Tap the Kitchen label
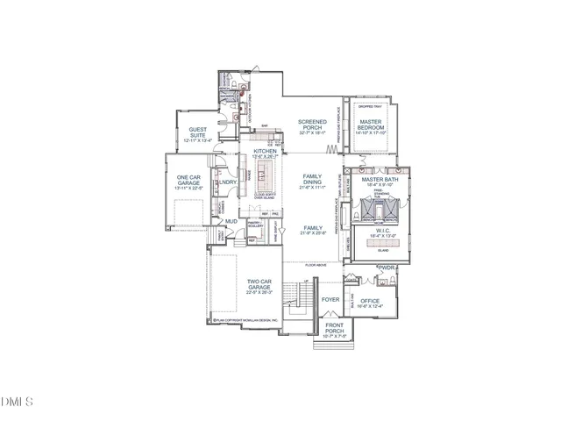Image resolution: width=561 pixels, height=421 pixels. coord(265,151)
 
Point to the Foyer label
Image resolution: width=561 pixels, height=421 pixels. coord(330,299)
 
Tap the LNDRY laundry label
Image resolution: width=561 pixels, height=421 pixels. coord(228,182)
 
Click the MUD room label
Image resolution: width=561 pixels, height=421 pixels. coord(231,221)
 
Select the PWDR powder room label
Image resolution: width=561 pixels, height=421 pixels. coord(387,267)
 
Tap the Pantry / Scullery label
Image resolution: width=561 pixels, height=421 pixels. coord(256,225)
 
